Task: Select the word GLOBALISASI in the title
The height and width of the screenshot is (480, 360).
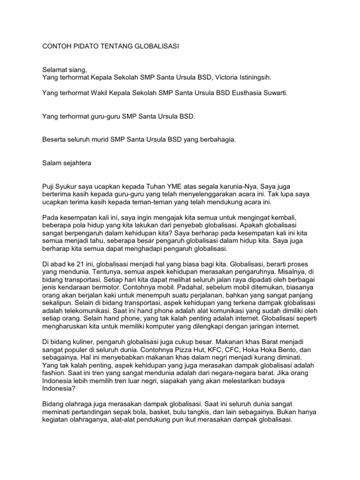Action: point(153,47)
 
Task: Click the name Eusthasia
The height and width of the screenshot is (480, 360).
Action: point(252,93)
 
